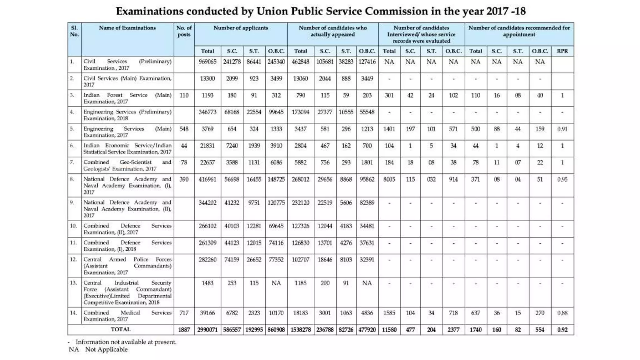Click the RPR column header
click(562, 51)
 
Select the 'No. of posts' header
click(184, 31)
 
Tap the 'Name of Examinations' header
click(127, 28)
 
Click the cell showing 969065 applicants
click(207, 62)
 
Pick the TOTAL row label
click(121, 329)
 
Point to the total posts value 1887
click(184, 330)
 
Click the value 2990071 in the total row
click(207, 330)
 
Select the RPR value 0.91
click(562, 129)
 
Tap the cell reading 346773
click(207, 112)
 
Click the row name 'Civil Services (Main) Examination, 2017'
click(127, 81)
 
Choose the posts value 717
click(184, 313)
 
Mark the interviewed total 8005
click(389, 179)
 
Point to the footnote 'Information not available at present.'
click(126, 342)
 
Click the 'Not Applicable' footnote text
click(106, 349)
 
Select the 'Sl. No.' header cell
click(74, 31)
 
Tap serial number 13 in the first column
click(73, 283)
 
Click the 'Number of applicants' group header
click(241, 28)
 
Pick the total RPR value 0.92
click(562, 330)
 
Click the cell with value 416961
click(207, 179)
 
